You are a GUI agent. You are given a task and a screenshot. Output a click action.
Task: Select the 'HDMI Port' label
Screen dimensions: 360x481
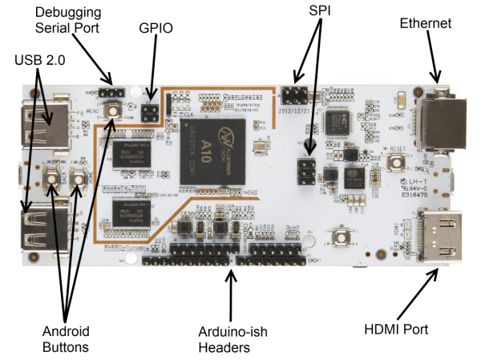coord(397,329)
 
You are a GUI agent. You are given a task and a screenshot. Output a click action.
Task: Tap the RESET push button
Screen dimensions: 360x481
coord(394,163)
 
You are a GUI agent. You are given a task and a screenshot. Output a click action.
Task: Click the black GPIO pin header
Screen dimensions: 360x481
coord(148,111)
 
